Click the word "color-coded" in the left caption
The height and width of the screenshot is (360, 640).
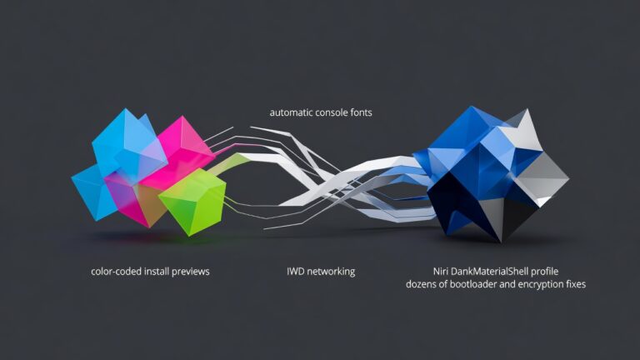[117, 272]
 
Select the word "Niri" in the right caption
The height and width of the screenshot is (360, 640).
[440, 272]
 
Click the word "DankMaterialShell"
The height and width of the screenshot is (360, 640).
[489, 272]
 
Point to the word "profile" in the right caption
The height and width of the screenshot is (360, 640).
[544, 272]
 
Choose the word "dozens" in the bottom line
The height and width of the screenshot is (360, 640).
[421, 284]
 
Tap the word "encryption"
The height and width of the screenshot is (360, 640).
[540, 284]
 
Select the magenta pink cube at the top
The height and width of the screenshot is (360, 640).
[183, 151]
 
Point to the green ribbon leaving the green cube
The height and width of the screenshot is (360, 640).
[231, 162]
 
